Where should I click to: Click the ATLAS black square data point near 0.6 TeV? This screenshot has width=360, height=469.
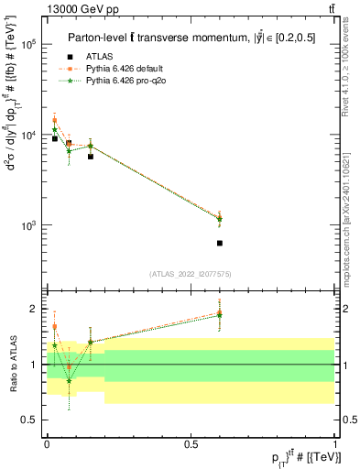coord(220,243)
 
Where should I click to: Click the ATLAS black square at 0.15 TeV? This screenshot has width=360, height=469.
coord(90,157)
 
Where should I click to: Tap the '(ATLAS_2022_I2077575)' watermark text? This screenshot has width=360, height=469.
coord(191,273)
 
